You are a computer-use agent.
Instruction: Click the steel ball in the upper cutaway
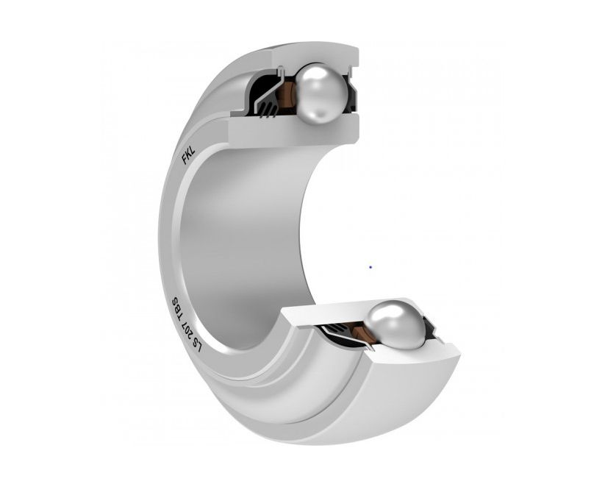point(320,89)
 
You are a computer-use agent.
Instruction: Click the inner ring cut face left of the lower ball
point(331,313)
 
